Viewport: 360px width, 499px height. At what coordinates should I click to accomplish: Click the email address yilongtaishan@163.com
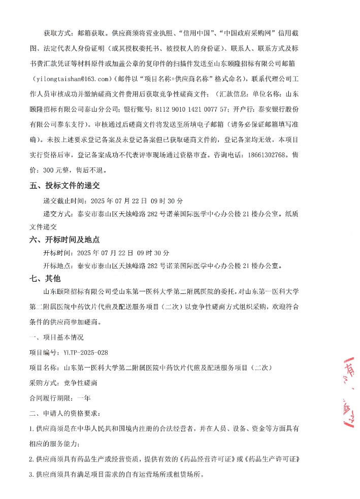coord(73,79)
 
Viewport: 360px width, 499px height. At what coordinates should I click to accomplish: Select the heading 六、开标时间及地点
coord(64,240)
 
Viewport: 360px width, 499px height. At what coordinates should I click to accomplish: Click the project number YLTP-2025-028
coord(85,352)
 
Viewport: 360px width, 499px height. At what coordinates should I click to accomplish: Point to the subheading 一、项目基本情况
coord(56,337)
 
